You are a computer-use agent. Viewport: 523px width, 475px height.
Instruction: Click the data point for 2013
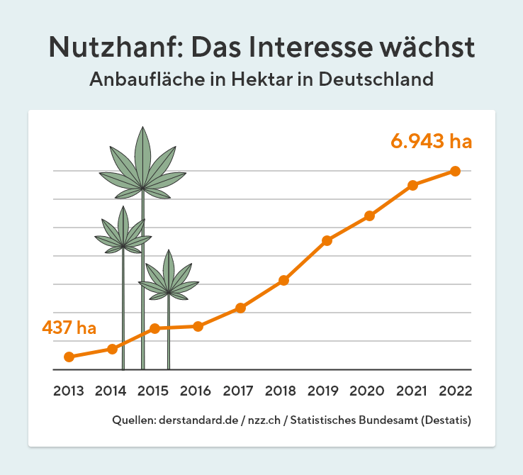click(69, 357)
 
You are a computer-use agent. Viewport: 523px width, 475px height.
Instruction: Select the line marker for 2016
click(198, 326)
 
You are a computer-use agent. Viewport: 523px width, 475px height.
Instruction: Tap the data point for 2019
click(327, 240)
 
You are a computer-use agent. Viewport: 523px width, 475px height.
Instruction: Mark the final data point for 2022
click(455, 171)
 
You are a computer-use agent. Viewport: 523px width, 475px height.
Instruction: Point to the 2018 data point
click(283, 280)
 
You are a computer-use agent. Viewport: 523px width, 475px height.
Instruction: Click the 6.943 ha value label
click(431, 140)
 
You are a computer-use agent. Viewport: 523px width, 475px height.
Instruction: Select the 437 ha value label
click(69, 328)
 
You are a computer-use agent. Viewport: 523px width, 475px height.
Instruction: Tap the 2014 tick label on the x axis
click(111, 391)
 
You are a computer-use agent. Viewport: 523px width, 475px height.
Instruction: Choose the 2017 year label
click(240, 391)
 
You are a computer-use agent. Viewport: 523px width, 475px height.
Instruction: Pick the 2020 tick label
click(369, 391)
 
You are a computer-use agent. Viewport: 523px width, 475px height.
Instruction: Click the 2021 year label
click(412, 391)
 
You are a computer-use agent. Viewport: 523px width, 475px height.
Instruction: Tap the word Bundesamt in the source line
click(387, 420)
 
